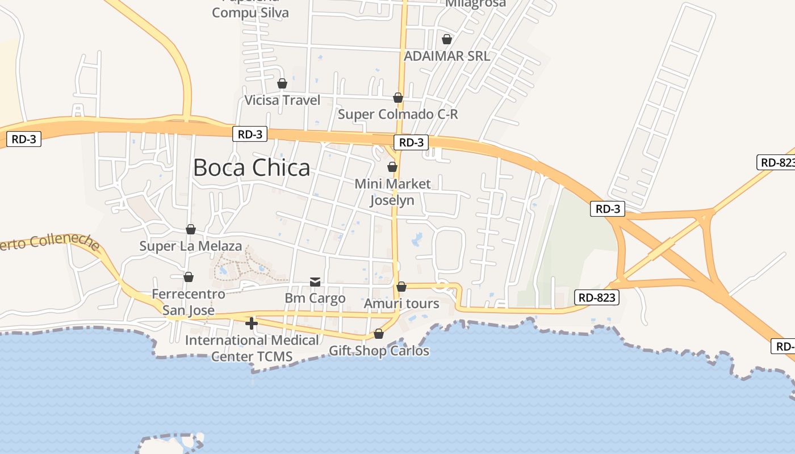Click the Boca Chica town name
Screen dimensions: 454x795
pos(252,168)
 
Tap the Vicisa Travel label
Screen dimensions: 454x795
pos(282,100)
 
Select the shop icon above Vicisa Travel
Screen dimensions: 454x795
pos(282,84)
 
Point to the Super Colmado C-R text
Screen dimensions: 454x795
pos(397,114)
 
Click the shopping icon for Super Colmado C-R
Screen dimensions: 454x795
pos(398,98)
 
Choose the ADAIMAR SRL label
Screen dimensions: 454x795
pos(446,56)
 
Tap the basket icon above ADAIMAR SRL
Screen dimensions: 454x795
pos(447,39)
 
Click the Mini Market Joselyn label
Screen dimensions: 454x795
pos(392,192)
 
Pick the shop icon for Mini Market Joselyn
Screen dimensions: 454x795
pos(392,167)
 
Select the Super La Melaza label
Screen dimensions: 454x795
pos(191,246)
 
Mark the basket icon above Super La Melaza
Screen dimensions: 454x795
pos(191,229)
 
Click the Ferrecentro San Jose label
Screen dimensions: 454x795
pos(189,302)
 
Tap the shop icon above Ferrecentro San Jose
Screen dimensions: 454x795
pos(189,277)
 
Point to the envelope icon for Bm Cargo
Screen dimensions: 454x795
pos(315,281)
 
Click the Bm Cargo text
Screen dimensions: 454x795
pos(315,298)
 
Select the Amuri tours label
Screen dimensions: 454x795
pos(401,304)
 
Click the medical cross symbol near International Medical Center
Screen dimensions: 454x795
pos(252,323)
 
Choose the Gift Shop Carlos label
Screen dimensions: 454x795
pos(379,351)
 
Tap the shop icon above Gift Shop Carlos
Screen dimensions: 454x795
pos(379,334)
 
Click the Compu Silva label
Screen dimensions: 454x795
pos(250,12)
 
